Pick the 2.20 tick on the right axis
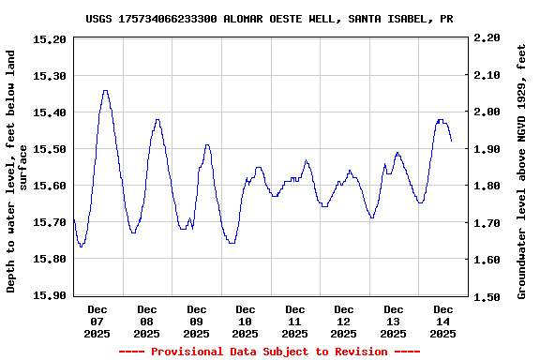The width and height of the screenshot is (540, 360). [487, 38]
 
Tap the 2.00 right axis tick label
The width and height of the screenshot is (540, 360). [487, 112]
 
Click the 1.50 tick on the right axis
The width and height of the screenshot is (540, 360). [487, 296]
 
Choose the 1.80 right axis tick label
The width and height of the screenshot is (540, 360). [487, 186]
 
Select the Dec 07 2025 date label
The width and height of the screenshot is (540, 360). [97, 321]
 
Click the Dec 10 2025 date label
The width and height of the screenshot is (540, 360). [246, 321]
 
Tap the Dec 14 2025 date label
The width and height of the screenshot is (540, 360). [443, 321]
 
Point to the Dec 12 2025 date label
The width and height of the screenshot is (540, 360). [344, 321]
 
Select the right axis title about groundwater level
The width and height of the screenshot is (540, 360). [522, 170]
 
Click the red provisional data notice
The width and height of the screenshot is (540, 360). [270, 352]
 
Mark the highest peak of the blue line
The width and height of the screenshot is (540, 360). [105, 91]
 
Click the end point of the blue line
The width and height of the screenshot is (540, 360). [451, 141]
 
